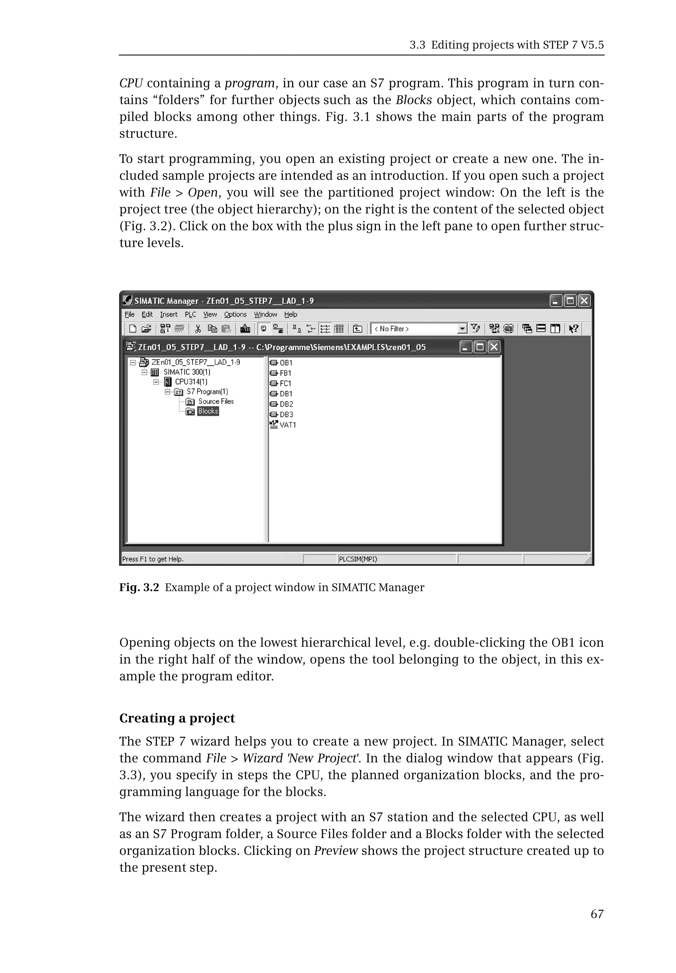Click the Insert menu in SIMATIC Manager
coord(169,314)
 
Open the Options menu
coord(235,314)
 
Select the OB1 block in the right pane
coord(286,363)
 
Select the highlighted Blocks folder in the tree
coord(208,411)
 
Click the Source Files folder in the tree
coord(216,402)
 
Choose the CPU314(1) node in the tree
coord(191,382)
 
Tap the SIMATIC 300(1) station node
coord(187,372)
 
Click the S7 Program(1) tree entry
coord(207,392)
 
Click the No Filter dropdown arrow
coord(462,329)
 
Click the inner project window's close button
coord(493,347)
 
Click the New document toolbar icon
coord(133,329)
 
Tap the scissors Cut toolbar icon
coord(198,329)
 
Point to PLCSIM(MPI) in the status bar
coord(358,559)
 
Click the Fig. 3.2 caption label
coord(139,587)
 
